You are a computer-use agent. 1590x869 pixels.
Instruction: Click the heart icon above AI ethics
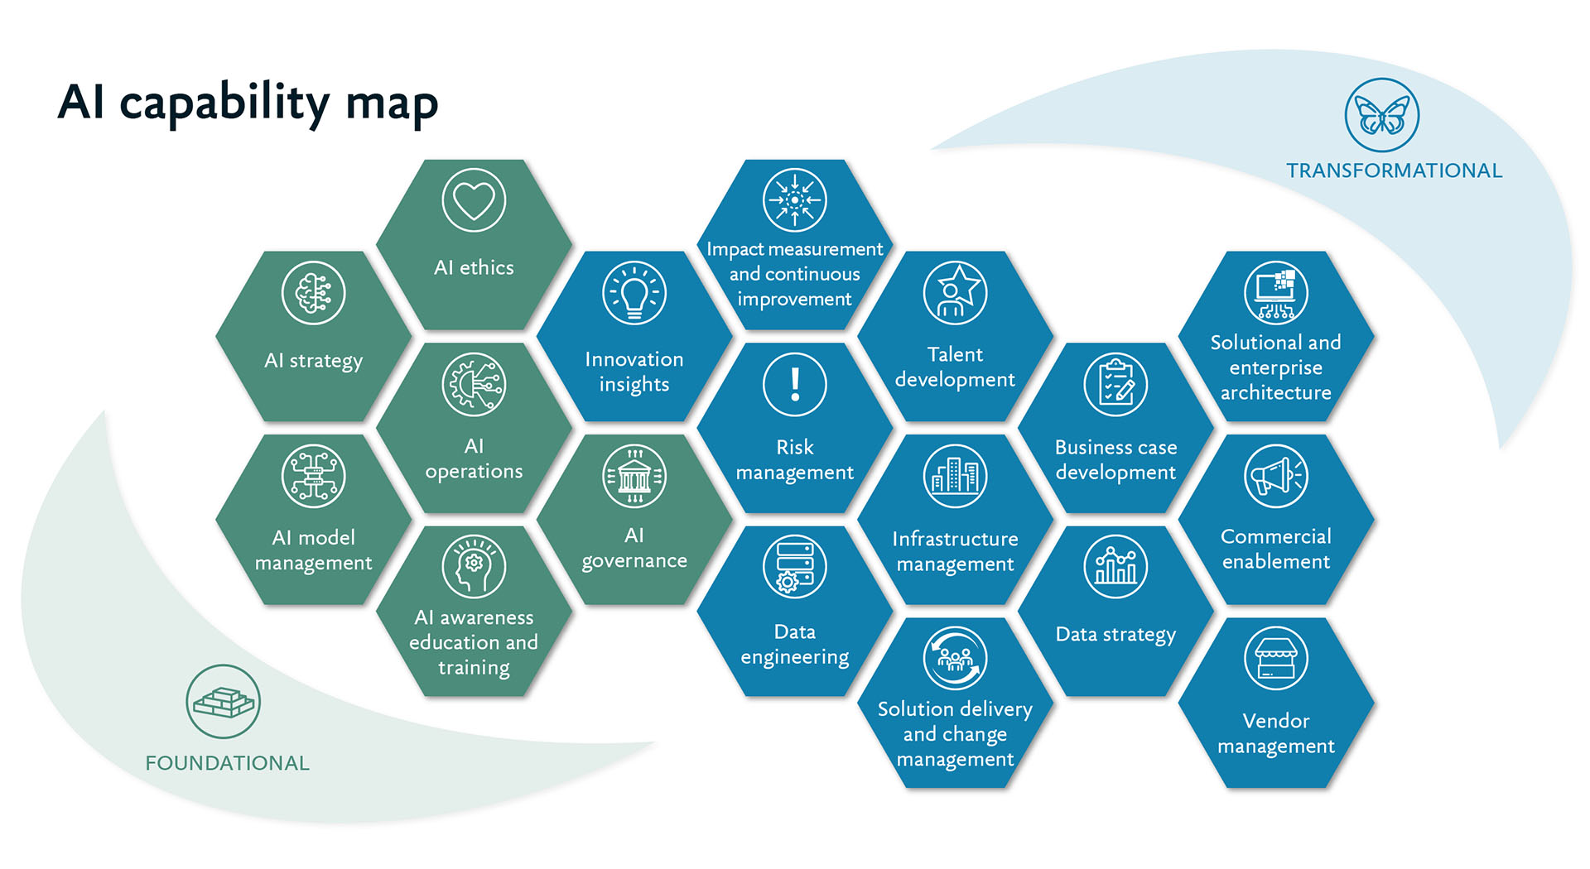tap(474, 200)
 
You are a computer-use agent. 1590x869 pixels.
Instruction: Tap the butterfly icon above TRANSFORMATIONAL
tap(1381, 115)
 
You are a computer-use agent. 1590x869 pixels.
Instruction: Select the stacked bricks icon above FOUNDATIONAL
tap(223, 702)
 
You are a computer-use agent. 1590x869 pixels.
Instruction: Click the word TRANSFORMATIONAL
tap(1394, 170)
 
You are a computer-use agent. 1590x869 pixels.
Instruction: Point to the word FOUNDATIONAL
tap(227, 763)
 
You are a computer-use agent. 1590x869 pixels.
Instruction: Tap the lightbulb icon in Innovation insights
tap(634, 293)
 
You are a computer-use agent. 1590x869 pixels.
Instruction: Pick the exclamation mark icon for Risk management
tap(794, 385)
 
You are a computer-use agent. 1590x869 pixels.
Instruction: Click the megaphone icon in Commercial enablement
tap(1275, 476)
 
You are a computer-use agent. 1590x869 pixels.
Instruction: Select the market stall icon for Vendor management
tap(1275, 659)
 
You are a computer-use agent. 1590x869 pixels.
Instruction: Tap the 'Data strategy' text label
tap(1115, 635)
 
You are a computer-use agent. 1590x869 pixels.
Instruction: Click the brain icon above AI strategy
tap(313, 293)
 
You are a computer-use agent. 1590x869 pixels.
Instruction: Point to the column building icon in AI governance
tap(634, 476)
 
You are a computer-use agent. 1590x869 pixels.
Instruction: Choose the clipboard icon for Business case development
tap(1115, 385)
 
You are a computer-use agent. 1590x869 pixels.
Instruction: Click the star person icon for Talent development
tap(955, 293)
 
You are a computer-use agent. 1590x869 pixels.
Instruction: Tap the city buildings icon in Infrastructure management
tap(955, 476)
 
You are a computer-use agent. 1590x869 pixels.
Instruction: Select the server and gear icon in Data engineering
tap(794, 567)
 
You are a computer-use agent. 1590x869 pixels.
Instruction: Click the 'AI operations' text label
tap(474, 459)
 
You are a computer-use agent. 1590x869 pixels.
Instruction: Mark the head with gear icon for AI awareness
tap(474, 567)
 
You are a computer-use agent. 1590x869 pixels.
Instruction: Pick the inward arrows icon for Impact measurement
tap(794, 200)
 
